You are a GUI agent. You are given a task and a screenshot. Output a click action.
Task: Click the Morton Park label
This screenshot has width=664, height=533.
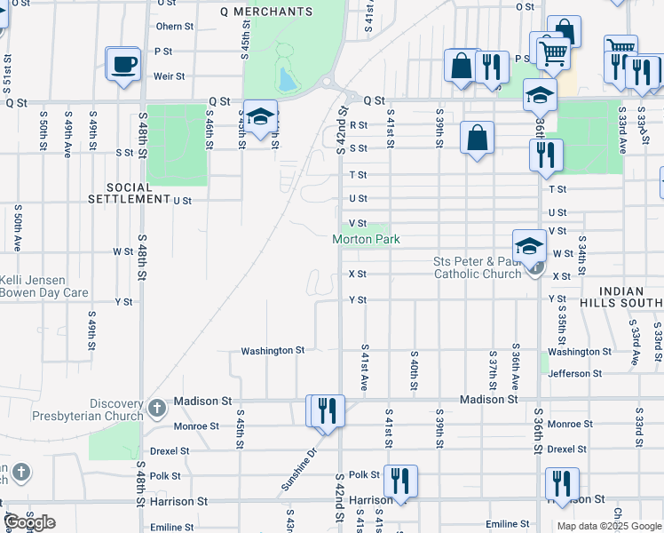[x=366, y=239]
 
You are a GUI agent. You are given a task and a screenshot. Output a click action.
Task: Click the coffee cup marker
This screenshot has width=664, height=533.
[x=123, y=64]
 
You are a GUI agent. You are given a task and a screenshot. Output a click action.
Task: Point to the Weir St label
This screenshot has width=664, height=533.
[x=169, y=76]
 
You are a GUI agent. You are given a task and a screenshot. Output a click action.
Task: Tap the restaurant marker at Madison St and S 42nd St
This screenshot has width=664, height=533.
[x=328, y=410]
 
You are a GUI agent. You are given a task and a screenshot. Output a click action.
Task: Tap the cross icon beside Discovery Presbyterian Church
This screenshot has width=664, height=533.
[x=156, y=409]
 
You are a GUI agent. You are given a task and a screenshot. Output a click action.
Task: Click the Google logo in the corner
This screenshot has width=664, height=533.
[x=30, y=522]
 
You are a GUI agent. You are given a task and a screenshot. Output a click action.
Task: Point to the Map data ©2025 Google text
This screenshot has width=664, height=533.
[x=608, y=526]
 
